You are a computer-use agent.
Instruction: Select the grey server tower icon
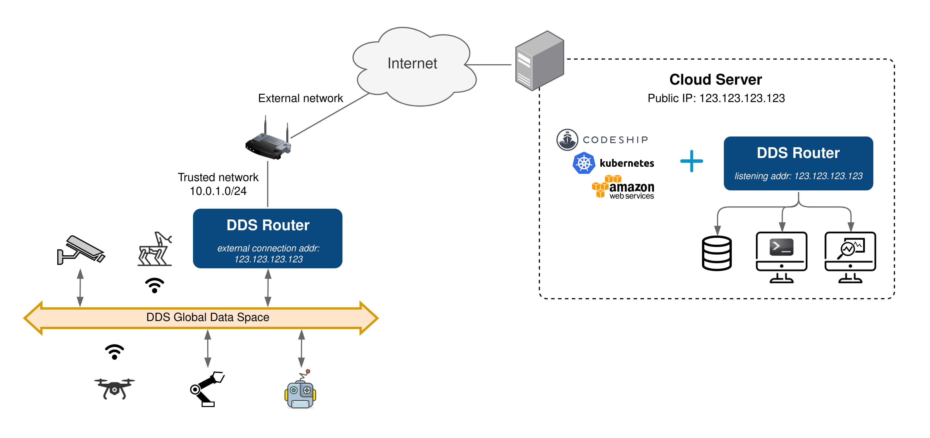[539, 61]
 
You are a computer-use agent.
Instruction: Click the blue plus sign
[691, 161]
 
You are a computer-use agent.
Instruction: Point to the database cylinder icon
[717, 253]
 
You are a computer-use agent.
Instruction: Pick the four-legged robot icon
[155, 249]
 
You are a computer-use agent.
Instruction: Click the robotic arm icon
[208, 389]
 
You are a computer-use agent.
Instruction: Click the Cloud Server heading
[716, 80]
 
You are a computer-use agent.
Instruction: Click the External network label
[300, 98]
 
